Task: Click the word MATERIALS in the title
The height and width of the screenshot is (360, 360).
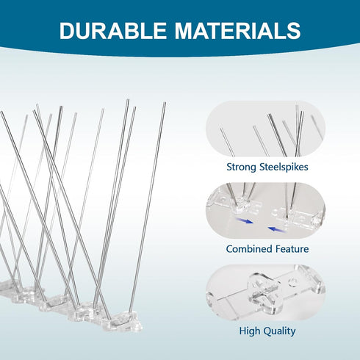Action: tap(237, 30)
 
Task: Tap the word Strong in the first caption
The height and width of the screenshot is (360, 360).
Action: tap(241, 168)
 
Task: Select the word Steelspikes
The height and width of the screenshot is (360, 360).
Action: tap(284, 168)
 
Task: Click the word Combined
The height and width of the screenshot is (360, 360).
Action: tap(249, 249)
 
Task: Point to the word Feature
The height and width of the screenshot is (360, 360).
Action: tap(292, 249)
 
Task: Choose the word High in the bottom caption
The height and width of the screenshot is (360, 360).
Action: tap(249, 331)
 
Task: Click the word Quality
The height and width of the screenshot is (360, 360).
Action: tap(279, 331)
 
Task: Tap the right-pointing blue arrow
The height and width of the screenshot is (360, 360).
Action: tap(244, 220)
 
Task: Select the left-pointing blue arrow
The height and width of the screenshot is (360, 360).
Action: tap(277, 229)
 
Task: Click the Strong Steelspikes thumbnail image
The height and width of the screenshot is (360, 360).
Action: tap(266, 129)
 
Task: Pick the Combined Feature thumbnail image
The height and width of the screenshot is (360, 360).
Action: tap(266, 211)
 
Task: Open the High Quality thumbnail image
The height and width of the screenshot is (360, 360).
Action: tap(266, 292)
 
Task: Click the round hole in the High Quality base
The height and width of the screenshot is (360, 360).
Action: tap(292, 282)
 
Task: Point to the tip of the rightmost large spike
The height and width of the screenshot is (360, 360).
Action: tap(165, 103)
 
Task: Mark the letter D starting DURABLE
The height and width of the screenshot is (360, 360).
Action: tap(67, 30)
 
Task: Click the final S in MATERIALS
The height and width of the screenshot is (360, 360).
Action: tap(293, 30)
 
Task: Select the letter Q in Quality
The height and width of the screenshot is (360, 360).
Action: tap(266, 331)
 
